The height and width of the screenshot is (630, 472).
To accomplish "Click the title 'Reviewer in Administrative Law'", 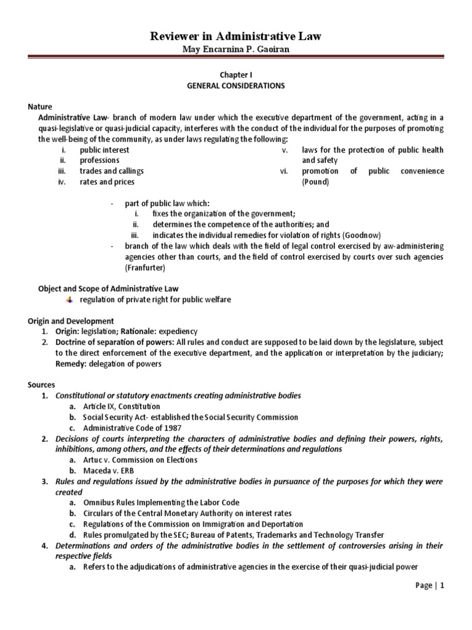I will pyautogui.click(x=236, y=38).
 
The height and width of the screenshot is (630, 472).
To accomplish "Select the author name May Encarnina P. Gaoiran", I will pyautogui.click(x=236, y=50).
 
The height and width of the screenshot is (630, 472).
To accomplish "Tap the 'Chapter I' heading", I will pyautogui.click(x=236, y=74).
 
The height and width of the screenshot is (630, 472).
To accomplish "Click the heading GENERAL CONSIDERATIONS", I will pyautogui.click(x=236, y=86).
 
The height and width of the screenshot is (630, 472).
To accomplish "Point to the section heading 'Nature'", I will pyautogui.click(x=40, y=106).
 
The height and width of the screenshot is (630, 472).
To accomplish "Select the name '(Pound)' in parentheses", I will pyautogui.click(x=315, y=182).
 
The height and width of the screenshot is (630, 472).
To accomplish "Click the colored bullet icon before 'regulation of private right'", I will pyautogui.click(x=69, y=299).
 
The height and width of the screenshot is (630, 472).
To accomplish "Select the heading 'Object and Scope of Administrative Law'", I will pyautogui.click(x=108, y=288).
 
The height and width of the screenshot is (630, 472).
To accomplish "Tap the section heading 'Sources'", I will pyautogui.click(x=41, y=385).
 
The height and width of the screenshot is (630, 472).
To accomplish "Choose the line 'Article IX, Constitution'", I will pyautogui.click(x=122, y=406).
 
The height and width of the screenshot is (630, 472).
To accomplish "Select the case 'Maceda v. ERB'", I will pyautogui.click(x=110, y=471).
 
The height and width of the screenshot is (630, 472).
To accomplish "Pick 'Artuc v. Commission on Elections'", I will pyautogui.click(x=140, y=460).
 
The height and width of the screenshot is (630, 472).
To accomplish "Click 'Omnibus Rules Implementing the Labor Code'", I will pyautogui.click(x=162, y=503).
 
